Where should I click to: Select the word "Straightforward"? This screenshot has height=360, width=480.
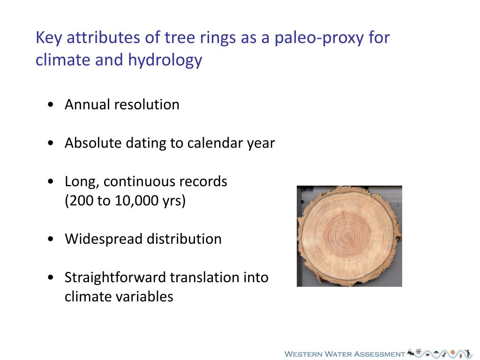[x=115, y=277]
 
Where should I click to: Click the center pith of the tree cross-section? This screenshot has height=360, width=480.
[x=347, y=235]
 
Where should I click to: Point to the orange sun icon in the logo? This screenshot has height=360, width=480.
[x=453, y=352]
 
